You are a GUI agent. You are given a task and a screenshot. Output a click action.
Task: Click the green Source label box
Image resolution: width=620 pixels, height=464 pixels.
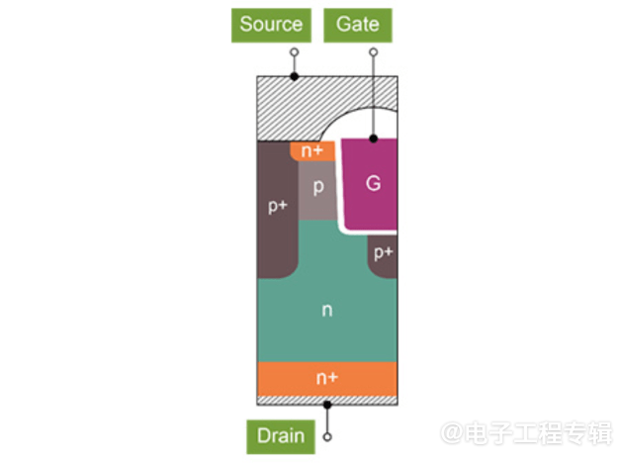[x=270, y=24]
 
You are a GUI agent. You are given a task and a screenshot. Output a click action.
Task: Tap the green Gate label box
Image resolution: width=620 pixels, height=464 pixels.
[x=357, y=24]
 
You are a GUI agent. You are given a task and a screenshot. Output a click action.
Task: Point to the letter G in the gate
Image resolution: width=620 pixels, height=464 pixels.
[x=372, y=183]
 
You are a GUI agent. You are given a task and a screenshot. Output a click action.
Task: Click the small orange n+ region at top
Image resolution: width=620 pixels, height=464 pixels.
[x=311, y=151]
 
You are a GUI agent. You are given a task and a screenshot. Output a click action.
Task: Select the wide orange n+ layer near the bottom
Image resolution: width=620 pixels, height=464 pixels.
[x=326, y=378]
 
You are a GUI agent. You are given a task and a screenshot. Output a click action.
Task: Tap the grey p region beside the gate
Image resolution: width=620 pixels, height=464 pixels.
[x=318, y=188]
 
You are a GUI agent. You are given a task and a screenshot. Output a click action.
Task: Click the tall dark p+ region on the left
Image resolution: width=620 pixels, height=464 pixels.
[x=276, y=208]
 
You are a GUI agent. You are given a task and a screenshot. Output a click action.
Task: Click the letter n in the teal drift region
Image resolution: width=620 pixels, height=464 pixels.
[x=326, y=311]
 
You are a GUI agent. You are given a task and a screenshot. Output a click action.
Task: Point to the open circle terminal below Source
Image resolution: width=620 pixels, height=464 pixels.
[x=294, y=52]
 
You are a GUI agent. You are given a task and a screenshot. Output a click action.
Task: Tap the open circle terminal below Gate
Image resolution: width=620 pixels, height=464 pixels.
[x=373, y=52]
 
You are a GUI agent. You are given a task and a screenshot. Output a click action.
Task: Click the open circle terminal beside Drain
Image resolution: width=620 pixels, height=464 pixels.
[x=327, y=435]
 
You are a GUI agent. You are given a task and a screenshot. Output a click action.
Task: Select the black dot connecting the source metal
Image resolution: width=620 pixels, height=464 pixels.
[x=294, y=76]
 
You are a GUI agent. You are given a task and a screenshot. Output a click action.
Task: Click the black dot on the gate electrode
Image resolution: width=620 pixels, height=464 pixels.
[x=373, y=139]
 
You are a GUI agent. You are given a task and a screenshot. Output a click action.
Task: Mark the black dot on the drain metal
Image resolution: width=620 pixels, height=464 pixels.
[x=327, y=404]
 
